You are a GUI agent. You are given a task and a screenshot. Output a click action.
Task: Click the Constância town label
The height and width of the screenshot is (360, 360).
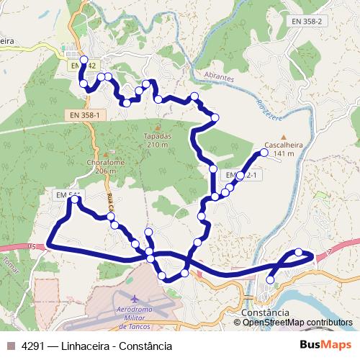click(x=267, y=312)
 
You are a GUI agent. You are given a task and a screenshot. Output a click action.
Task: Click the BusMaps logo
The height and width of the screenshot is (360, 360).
click(x=326, y=346)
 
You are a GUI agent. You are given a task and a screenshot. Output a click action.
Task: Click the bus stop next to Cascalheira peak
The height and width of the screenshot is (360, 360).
click(x=264, y=153)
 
